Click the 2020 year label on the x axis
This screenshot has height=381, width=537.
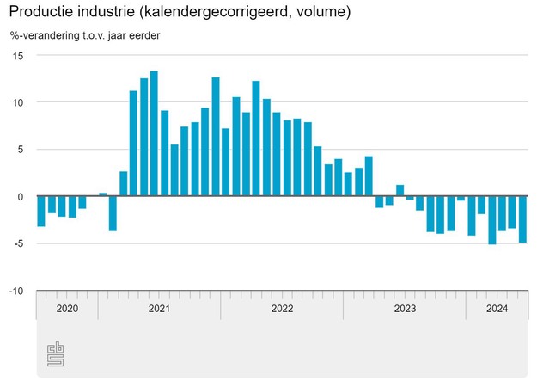point(67,308)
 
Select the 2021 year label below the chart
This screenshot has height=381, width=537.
point(159,308)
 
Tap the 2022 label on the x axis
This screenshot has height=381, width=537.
point(282,308)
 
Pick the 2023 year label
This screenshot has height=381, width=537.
point(404,308)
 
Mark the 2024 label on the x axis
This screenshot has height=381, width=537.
point(496,308)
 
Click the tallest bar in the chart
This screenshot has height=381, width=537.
point(154,133)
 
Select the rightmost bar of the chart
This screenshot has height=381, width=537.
point(522,219)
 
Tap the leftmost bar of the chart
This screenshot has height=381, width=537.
point(41,212)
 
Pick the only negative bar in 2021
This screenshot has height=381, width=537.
point(113,213)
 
